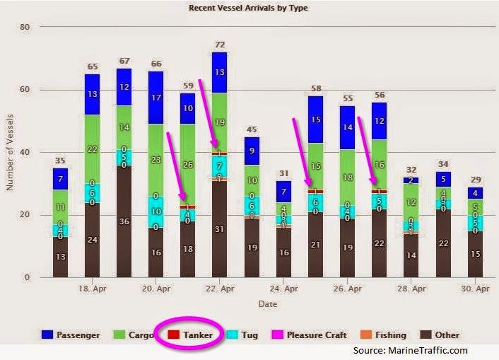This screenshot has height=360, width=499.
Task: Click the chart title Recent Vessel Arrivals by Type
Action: click(249, 8)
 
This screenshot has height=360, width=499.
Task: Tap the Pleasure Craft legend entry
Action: click(310, 335)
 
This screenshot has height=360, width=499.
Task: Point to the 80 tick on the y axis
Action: click(25, 27)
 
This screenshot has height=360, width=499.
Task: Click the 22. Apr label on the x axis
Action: click(221, 289)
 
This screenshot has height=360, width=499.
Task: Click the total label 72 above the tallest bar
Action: click(220, 44)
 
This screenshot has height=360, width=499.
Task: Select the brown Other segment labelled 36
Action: click(124, 221)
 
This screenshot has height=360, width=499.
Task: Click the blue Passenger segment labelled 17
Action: click(156, 98)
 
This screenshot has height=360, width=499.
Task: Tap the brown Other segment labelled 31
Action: click(220, 229)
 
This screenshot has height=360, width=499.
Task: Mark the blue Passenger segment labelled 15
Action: click(315, 120)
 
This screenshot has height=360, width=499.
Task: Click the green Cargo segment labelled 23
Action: click(156, 160)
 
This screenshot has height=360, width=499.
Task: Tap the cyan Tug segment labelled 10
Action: click(156, 211)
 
